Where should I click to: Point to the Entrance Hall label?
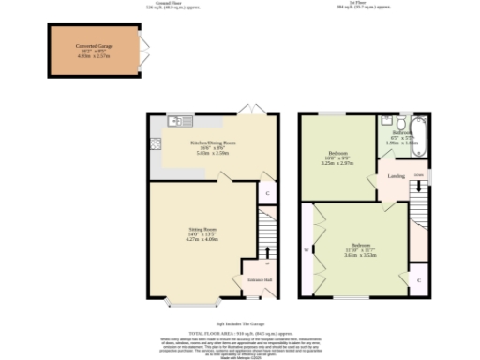pos(259,280)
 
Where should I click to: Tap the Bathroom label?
pos(402,133)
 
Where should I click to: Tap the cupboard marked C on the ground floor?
pos(268,194)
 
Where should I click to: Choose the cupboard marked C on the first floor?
pos(418,279)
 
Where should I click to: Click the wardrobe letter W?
pos(307,250)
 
